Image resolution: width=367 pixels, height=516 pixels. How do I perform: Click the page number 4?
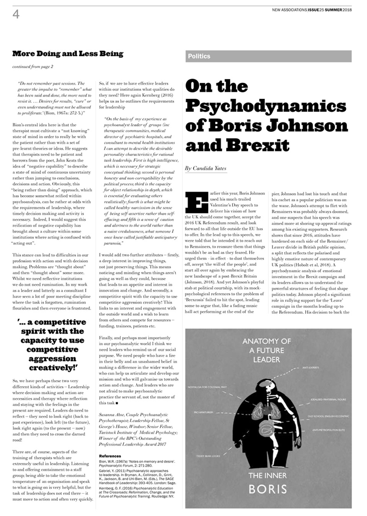point(16,15)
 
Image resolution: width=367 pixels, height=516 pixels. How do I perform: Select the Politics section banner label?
point(199,56)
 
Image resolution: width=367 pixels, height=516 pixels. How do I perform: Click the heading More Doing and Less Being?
point(68,54)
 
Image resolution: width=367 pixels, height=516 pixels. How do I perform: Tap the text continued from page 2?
point(33,67)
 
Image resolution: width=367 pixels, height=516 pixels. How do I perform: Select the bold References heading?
point(110,456)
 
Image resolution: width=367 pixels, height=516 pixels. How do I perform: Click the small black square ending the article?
point(117,403)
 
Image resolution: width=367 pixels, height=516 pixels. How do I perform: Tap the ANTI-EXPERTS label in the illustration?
point(310,368)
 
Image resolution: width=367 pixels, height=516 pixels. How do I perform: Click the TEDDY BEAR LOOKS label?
point(208,456)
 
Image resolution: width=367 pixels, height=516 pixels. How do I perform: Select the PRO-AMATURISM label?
point(204,412)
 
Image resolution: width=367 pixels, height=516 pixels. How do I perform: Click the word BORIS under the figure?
point(268,489)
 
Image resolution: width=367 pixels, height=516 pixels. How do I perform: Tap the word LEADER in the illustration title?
point(267,359)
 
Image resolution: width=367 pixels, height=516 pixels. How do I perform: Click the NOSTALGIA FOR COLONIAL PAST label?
point(207,387)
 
